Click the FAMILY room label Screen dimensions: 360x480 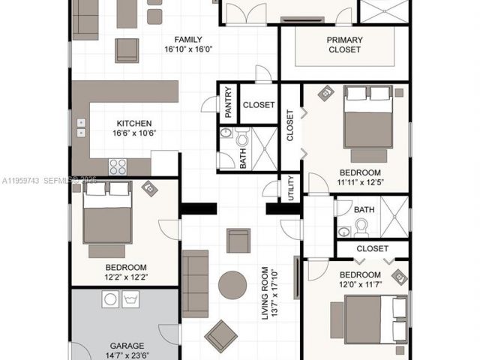(187, 40)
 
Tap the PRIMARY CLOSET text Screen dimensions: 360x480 (344, 45)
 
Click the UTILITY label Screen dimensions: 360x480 (291, 189)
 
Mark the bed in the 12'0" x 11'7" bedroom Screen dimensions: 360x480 (367, 319)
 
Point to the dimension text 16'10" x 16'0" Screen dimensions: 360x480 (187, 50)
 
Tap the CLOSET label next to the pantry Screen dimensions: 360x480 (259, 105)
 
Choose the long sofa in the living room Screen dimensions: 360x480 (196, 284)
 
